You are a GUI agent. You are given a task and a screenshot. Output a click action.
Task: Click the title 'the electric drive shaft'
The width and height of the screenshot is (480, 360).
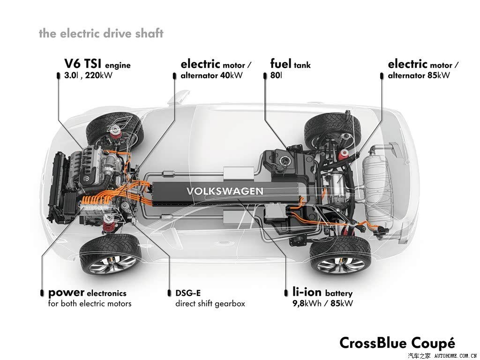pyautogui.click(x=101, y=33)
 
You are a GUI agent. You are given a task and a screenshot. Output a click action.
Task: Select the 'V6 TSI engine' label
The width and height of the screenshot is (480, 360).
pyautogui.click(x=97, y=64)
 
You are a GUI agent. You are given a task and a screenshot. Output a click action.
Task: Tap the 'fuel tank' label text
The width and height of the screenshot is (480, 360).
pyautogui.click(x=290, y=64)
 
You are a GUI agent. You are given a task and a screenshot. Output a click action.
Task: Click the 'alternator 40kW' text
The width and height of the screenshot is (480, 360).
pyautogui.click(x=211, y=75)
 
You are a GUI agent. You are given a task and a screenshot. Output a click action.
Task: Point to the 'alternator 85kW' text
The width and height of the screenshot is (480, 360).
pyautogui.click(x=419, y=75)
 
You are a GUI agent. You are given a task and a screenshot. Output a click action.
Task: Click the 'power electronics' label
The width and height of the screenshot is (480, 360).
pyautogui.click(x=87, y=293)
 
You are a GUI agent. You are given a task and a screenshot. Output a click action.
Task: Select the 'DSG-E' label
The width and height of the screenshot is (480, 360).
pyautogui.click(x=188, y=293)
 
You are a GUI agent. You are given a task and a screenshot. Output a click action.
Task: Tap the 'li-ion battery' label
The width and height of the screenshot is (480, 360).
pyautogui.click(x=322, y=292)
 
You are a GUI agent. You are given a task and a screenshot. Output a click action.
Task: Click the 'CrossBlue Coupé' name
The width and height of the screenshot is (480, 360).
pyautogui.click(x=397, y=343)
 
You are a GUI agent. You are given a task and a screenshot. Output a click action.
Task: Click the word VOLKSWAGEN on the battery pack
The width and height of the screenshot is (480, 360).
pyautogui.click(x=225, y=191)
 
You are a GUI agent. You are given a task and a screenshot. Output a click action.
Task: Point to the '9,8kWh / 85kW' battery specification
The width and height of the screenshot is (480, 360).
pyautogui.click(x=322, y=303)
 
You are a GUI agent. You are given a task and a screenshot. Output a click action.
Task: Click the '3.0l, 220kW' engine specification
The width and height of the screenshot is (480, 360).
pyautogui.click(x=88, y=75)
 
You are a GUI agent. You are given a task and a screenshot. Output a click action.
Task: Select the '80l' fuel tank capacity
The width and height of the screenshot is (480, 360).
pyautogui.click(x=276, y=75)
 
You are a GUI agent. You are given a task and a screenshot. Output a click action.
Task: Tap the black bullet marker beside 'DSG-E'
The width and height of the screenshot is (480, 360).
pyautogui.click(x=169, y=293)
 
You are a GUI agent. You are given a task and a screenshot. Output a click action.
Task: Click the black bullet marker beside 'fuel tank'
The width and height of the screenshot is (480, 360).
pyautogui.click(x=265, y=75)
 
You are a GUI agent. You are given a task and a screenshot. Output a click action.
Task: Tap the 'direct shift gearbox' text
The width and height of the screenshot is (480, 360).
pyautogui.click(x=210, y=304)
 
